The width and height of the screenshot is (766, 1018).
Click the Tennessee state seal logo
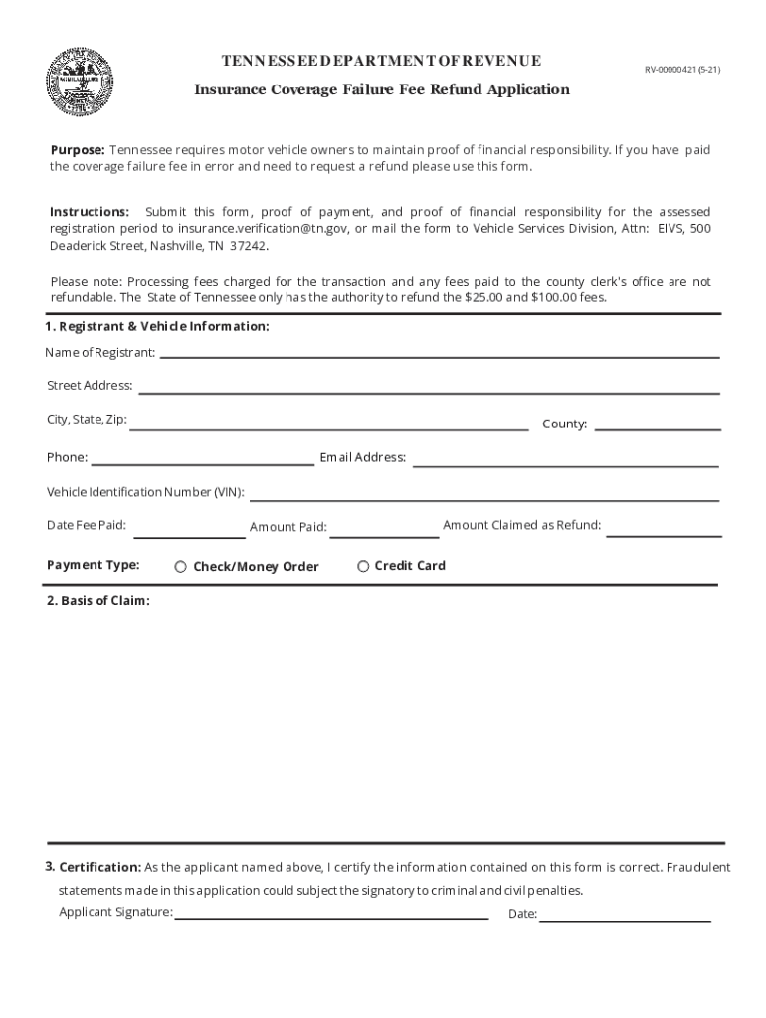click(81, 82)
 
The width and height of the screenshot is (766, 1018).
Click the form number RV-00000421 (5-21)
click(681, 70)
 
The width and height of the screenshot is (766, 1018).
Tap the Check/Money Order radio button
click(181, 567)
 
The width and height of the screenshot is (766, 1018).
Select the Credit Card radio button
click(363, 566)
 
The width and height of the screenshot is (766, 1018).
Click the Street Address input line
click(428, 387)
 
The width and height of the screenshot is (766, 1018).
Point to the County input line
click(657, 424)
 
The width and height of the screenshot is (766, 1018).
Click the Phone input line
click(202, 459)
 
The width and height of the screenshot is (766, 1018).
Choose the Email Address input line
click(564, 460)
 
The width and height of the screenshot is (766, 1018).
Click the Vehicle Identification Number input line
click(483, 495)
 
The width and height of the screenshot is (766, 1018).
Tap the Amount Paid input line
click(383, 531)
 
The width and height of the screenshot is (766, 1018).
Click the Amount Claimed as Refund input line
click(664, 530)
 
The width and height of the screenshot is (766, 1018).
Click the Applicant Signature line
click(331, 915)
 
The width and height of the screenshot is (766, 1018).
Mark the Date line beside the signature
click(625, 917)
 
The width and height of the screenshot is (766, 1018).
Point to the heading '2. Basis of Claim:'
click(98, 601)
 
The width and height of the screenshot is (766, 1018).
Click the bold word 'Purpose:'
click(78, 150)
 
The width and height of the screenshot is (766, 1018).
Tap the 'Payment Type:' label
click(93, 565)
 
